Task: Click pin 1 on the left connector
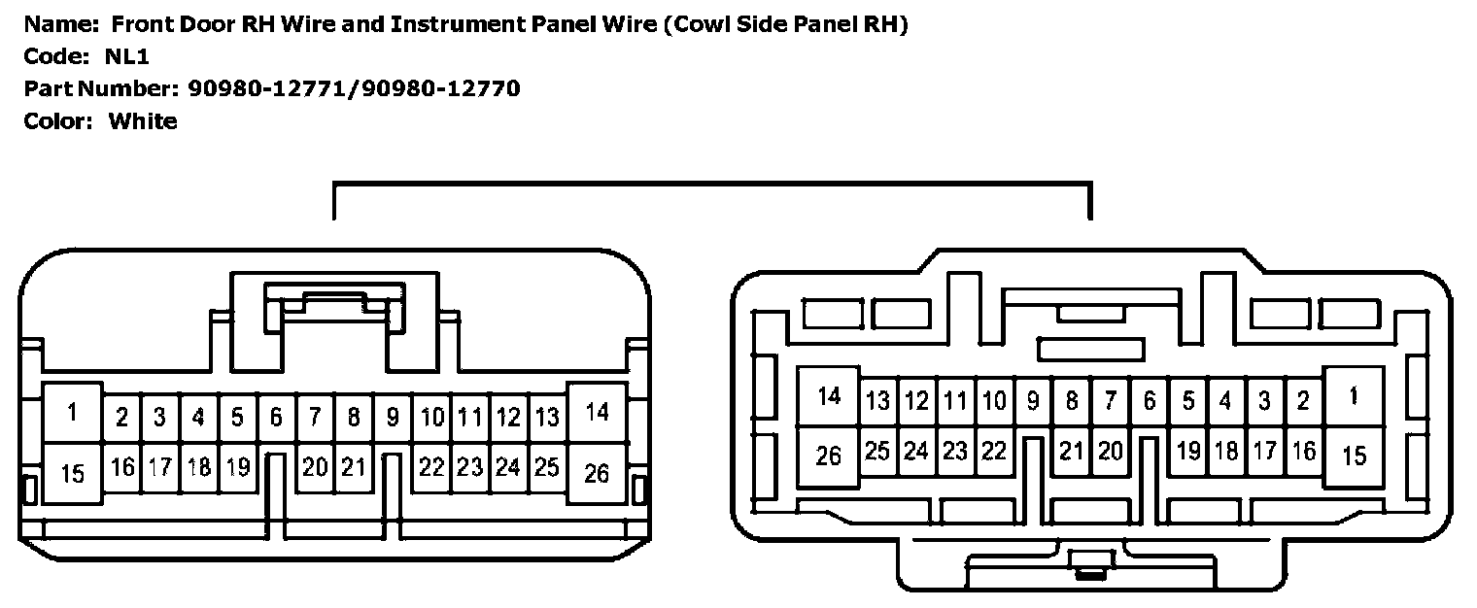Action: point(73,413)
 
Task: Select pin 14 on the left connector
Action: point(597,413)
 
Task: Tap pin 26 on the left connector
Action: point(597,473)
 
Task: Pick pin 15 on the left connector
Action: point(73,473)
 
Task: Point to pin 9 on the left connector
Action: point(393,418)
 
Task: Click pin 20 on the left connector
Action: point(315,467)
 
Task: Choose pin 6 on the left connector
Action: point(276,418)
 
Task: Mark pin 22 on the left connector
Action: point(431,467)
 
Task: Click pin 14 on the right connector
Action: point(829,396)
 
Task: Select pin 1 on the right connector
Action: point(1354,396)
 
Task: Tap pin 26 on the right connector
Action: point(829,456)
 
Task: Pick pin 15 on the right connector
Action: point(1354,456)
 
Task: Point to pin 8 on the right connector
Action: point(1071,400)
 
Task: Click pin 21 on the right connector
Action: point(1071,451)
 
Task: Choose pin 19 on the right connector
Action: point(1187,451)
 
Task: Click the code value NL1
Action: point(127,56)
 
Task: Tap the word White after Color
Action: point(143,121)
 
